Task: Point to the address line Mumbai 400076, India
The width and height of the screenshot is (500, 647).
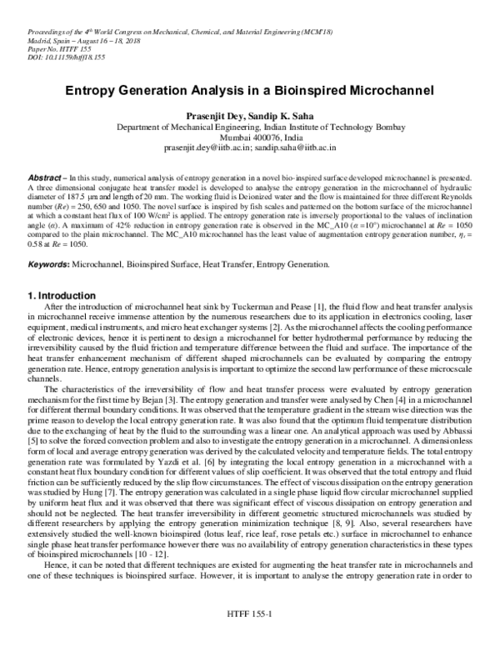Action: (249, 136)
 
